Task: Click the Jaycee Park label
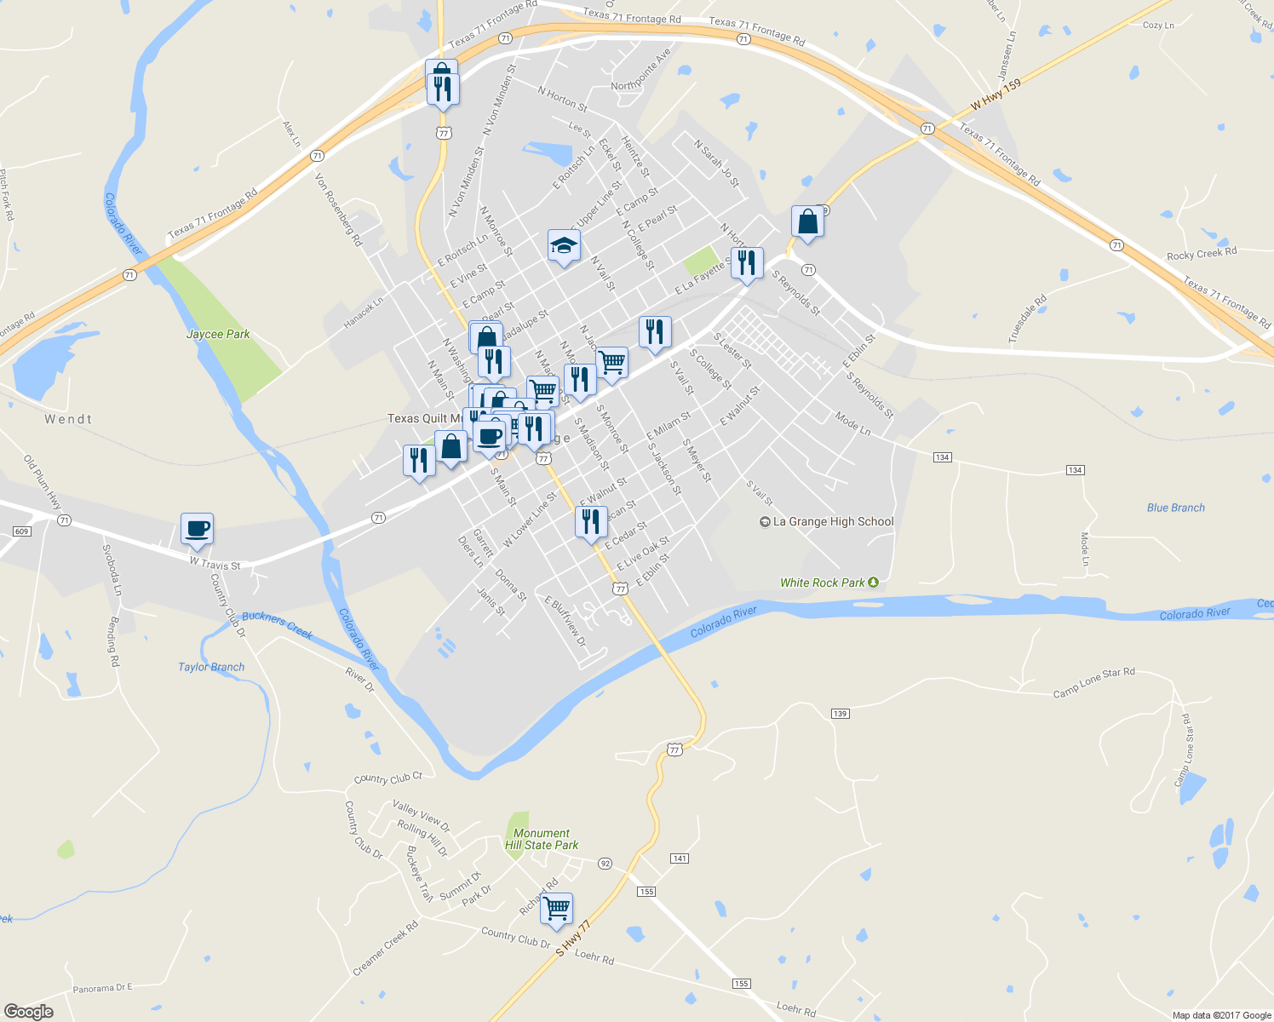[218, 334]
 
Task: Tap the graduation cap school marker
[564, 247]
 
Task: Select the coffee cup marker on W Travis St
[197, 529]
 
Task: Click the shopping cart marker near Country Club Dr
[556, 909]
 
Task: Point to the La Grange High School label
[833, 521]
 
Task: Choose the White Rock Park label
[823, 583]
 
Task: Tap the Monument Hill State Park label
[542, 839]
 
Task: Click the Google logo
[28, 1012]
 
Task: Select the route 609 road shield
[22, 531]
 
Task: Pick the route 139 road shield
[840, 713]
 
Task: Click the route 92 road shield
[605, 863]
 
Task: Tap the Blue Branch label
[1175, 508]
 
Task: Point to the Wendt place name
[68, 419]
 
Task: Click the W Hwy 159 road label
[996, 94]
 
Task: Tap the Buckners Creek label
[278, 625]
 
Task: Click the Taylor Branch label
[211, 667]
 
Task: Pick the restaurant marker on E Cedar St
[591, 522]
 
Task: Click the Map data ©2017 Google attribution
[1221, 1015]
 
